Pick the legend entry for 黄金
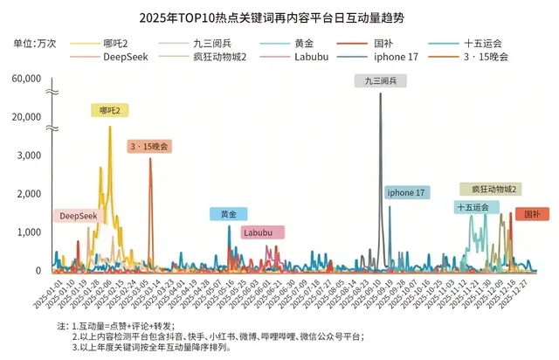301,42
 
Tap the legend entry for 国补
383,42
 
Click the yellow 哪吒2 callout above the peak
111,110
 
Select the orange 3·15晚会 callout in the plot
149,146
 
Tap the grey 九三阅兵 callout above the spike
381,80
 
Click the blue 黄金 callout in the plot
228,214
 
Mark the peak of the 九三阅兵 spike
380,93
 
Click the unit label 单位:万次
33,42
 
